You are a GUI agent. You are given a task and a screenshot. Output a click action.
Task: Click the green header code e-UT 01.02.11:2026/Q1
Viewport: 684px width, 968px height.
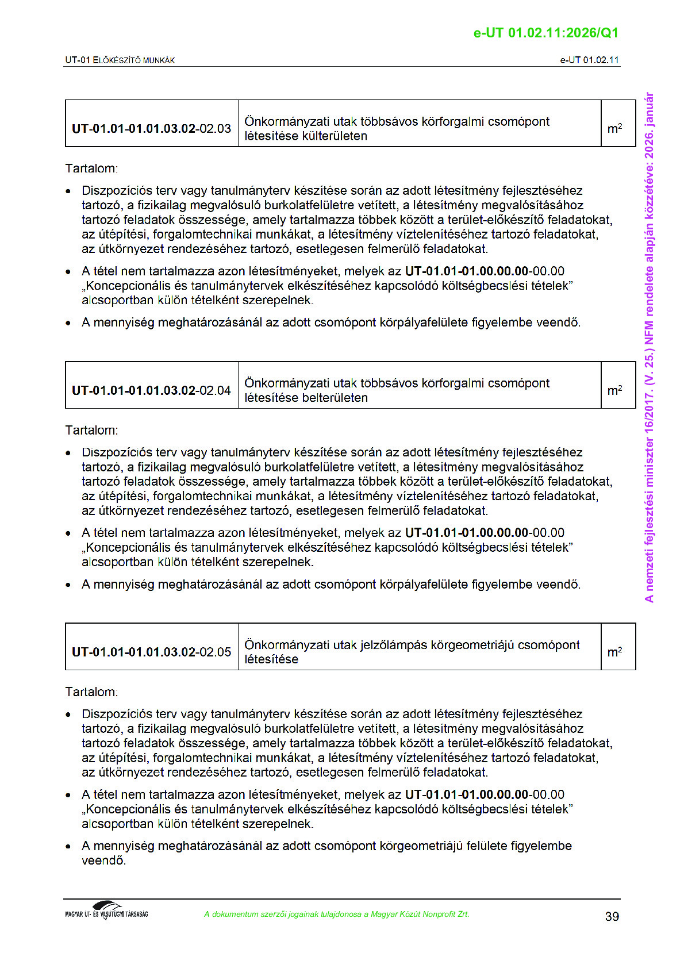(545, 33)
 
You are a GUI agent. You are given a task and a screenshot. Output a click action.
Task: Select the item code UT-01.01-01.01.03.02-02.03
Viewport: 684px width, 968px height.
(151, 128)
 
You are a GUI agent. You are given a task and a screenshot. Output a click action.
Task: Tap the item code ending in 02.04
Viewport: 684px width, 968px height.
(151, 390)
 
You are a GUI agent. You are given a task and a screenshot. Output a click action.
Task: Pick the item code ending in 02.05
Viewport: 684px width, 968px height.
(151, 652)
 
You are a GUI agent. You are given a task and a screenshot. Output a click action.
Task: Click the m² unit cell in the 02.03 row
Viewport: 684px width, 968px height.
(614, 128)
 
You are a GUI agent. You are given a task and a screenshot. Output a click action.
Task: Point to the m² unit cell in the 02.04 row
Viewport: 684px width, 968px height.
(614, 390)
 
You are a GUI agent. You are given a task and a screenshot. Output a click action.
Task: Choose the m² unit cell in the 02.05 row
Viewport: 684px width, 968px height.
(614, 652)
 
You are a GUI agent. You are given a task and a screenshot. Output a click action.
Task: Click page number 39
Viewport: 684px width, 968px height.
(612, 916)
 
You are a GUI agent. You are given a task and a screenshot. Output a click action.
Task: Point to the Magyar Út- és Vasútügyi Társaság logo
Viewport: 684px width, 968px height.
(106, 911)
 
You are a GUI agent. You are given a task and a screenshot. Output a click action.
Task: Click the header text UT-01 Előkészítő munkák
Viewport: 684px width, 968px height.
(120, 60)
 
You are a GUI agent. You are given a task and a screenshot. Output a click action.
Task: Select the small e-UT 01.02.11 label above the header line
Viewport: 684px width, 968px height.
(589, 60)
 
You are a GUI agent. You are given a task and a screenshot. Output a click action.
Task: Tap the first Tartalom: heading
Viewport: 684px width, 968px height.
(91, 168)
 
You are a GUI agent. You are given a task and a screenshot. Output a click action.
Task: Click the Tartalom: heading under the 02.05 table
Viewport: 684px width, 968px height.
(91, 692)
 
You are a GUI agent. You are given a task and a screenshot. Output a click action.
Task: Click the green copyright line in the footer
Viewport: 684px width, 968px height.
(336, 914)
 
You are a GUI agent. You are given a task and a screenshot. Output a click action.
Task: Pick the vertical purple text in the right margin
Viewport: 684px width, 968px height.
(649, 347)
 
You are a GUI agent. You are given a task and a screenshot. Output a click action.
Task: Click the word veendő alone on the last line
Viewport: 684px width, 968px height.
(103, 861)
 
